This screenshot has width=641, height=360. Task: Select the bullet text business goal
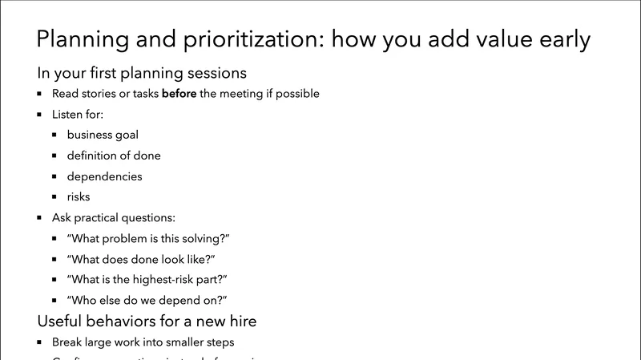103,135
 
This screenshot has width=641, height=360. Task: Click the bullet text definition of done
114,156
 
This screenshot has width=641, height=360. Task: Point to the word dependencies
104,176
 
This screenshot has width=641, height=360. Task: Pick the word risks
79,196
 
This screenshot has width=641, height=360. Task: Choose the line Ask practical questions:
113,217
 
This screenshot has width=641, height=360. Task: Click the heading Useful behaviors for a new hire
147,322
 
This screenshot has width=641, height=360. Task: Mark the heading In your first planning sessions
141,73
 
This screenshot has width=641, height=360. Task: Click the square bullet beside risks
54,196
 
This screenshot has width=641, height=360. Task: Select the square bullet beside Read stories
39,94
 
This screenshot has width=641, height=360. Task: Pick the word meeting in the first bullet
240,94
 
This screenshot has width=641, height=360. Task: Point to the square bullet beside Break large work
39,342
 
